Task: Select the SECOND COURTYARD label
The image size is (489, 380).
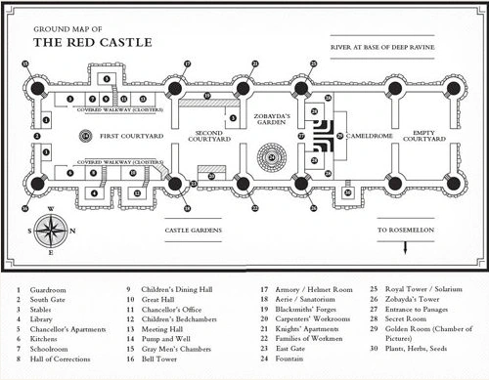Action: click(x=207, y=135)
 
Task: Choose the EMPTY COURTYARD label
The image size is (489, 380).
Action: click(x=430, y=135)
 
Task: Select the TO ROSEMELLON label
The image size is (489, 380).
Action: click(x=406, y=231)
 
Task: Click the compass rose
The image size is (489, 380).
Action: click(x=54, y=231)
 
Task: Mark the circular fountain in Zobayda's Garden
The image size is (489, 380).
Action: click(x=273, y=155)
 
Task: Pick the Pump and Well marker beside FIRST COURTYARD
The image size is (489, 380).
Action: click(x=86, y=135)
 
